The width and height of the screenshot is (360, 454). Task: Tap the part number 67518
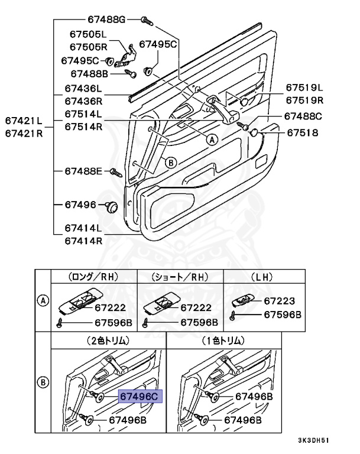point(303,133)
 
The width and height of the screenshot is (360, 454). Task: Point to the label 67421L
point(24,121)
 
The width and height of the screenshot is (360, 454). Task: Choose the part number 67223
point(279,301)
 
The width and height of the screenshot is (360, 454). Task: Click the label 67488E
point(84,171)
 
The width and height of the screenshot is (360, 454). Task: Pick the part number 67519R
point(305,100)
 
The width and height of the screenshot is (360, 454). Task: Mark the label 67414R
point(83,241)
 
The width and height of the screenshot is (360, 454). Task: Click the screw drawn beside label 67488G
point(147,21)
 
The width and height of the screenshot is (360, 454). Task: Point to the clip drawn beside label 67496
point(111,207)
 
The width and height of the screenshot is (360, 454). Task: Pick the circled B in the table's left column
point(43,381)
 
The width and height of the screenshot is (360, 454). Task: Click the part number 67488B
point(89,74)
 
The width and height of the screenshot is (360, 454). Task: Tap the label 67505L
point(86,35)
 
